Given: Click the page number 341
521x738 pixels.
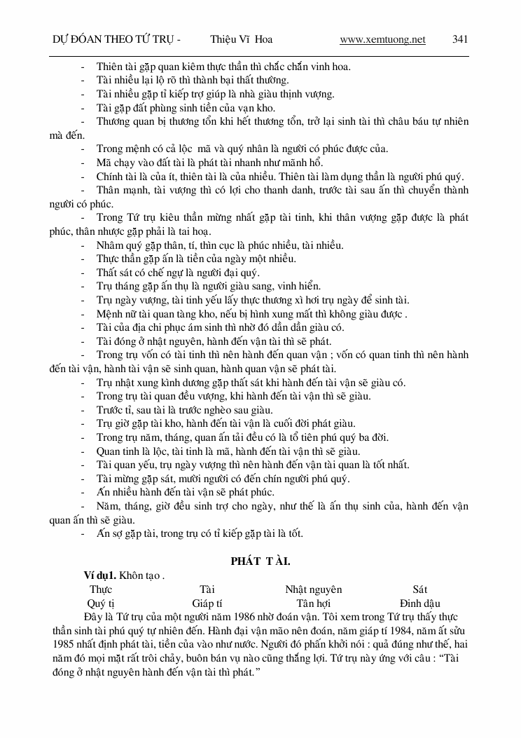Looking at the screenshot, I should (x=460, y=40).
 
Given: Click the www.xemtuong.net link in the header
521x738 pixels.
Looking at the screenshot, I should (x=382, y=40).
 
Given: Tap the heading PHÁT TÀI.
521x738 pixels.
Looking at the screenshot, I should (x=260, y=561).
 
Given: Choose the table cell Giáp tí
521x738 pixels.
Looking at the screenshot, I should (x=207, y=603).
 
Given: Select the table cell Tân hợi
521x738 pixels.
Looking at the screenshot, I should (x=313, y=603).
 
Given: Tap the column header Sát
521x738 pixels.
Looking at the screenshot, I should (x=419, y=589).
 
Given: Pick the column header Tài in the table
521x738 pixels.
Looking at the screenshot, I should (x=207, y=589).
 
